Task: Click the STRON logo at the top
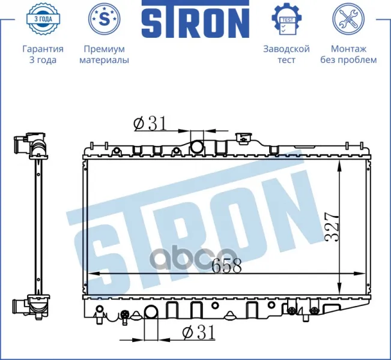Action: [x=195, y=19]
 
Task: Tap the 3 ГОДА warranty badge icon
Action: [x=43, y=19]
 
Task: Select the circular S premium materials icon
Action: [x=105, y=19]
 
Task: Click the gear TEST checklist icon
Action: [x=287, y=19]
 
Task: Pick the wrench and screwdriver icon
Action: [x=348, y=19]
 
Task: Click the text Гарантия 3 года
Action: [x=43, y=55]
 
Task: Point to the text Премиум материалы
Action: [x=105, y=55]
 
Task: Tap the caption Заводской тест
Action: [x=286, y=55]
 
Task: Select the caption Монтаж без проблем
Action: [x=348, y=55]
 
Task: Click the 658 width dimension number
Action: [x=226, y=265]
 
